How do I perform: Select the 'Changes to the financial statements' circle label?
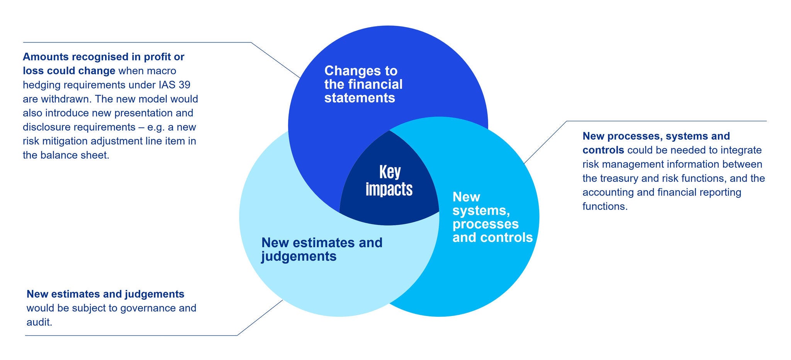[x=363, y=84]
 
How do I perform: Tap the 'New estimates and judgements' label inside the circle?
[x=321, y=249]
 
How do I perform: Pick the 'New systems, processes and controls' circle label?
[x=492, y=217]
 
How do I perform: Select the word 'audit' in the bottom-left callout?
[x=39, y=322]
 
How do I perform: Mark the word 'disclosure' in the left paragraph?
[x=46, y=127]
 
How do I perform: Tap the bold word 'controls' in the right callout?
[x=603, y=150]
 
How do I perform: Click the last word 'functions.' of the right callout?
[x=605, y=206]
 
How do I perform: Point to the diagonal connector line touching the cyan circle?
[x=545, y=142]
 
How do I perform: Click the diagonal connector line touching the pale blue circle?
[x=260, y=318]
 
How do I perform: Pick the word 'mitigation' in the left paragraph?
[x=59, y=141]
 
